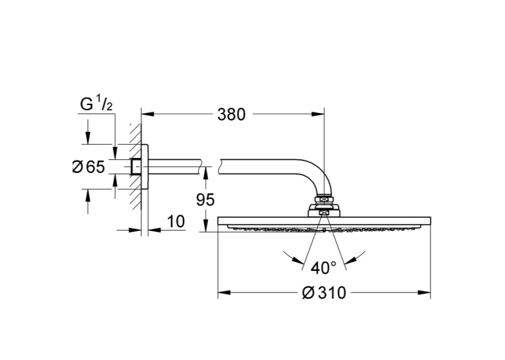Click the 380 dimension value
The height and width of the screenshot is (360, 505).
click(231, 114)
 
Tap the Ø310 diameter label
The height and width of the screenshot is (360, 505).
click(323, 293)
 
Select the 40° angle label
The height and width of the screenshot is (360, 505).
click(323, 268)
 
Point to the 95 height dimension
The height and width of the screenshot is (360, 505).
click(205, 200)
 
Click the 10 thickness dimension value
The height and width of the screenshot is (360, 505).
click(176, 221)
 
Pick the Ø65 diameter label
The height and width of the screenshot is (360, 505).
click(89, 167)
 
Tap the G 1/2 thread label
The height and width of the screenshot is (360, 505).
click(96, 104)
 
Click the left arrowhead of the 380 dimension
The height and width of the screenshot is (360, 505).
click(147, 114)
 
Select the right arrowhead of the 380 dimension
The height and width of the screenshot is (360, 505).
click(318, 114)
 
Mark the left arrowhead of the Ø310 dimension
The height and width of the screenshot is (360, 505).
click(224, 293)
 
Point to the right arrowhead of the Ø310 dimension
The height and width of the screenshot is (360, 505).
click(424, 293)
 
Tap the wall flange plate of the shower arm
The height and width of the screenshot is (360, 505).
click(145, 166)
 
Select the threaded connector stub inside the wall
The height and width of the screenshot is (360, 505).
click(135, 166)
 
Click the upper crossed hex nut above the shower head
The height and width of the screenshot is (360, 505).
click(324, 200)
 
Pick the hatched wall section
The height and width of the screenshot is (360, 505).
click(135, 168)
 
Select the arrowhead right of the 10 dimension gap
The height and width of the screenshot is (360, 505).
click(154, 230)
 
